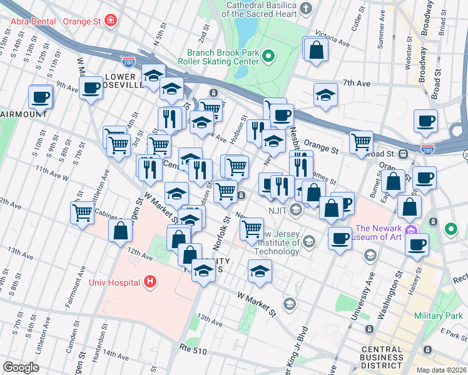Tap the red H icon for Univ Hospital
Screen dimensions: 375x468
coord(150,282)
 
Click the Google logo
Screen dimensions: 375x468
coord(21,367)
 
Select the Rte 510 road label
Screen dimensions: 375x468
coord(193,351)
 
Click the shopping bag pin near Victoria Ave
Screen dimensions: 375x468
coord(316,50)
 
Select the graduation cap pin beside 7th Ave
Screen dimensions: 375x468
coord(325,96)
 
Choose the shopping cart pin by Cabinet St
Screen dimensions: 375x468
coord(83,213)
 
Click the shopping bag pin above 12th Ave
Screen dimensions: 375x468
coord(120,231)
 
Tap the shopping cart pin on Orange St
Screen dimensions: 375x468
coord(361,142)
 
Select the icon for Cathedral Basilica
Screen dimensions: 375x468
coord(305,9)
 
